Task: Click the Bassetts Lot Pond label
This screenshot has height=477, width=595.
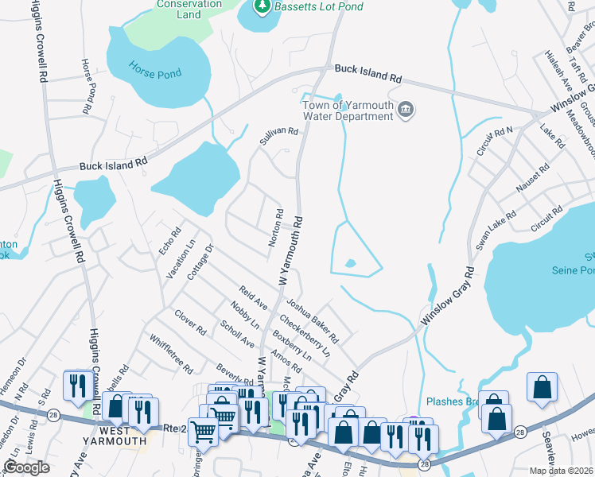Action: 319,7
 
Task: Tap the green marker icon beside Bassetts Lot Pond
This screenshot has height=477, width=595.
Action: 262,7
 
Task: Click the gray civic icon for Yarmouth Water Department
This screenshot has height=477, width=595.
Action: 406,109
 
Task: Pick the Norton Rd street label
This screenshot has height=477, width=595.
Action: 275,228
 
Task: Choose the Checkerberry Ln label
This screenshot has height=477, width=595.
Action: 304,329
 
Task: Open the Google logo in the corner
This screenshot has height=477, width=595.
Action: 26,467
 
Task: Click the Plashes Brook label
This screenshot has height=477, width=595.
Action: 453,401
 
